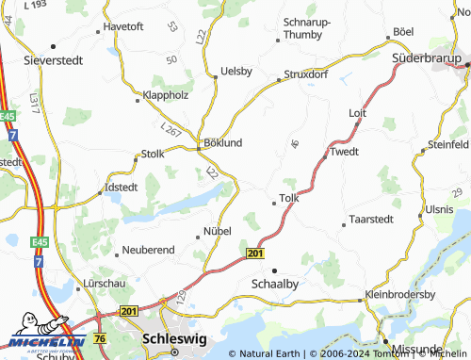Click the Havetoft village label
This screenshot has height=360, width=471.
(122, 26)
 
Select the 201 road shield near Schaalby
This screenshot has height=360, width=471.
(255, 254)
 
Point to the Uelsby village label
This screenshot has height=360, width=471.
(235, 71)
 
